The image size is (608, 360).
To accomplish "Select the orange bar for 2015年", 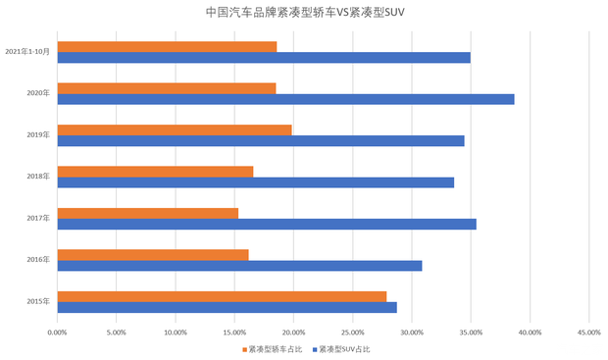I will coord(222,296).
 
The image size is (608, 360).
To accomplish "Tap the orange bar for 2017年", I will coord(147,213).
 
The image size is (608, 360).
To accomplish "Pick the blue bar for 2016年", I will coord(239,266).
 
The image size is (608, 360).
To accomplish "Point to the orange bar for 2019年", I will coord(175,129).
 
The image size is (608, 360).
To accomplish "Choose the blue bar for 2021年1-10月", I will coord(264,57).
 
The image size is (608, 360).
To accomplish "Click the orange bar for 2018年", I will coord(155,172).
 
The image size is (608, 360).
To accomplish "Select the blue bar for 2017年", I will coord(267,224).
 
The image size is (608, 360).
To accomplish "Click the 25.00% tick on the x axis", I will coord(352,332).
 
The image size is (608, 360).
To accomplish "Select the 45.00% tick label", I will coord(588,332).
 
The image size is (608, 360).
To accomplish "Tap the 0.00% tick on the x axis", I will coord(58,332).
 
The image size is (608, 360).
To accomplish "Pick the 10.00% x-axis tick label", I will coord(176,332).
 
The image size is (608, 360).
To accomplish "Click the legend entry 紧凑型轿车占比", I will coord(275,349).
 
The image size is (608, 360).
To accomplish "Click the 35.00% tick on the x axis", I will coord(471,332).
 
